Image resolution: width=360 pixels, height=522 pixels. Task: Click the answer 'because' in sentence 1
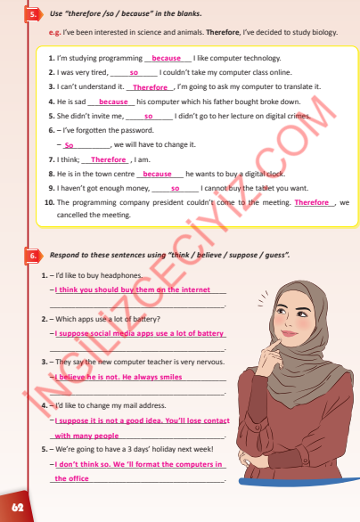pos(167,58)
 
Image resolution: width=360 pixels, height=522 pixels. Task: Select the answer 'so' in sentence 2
pos(134,72)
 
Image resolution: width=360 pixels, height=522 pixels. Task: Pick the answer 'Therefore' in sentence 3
pos(151,87)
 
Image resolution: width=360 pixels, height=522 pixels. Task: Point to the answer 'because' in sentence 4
pos(114,102)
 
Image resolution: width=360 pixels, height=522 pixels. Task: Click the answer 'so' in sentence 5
pos(148,116)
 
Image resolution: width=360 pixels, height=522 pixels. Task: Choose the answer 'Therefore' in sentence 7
pos(110,159)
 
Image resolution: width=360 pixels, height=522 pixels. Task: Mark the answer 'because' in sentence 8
pos(157,174)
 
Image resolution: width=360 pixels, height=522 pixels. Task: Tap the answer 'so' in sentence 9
pos(176,188)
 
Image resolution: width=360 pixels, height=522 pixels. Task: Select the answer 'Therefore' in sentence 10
pos(312,202)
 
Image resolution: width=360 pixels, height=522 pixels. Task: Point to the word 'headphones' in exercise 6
pos(123,276)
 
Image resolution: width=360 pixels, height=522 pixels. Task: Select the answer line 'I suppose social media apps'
pos(138,333)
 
